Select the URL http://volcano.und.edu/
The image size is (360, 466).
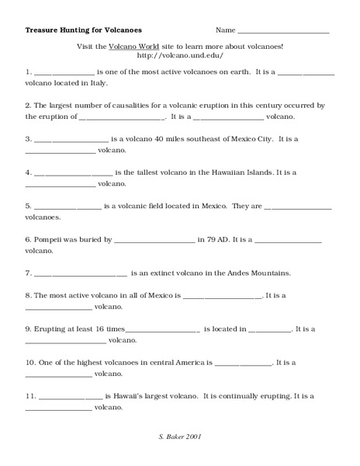point(179,56)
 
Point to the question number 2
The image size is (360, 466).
point(28,104)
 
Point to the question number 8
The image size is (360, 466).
point(28,295)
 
